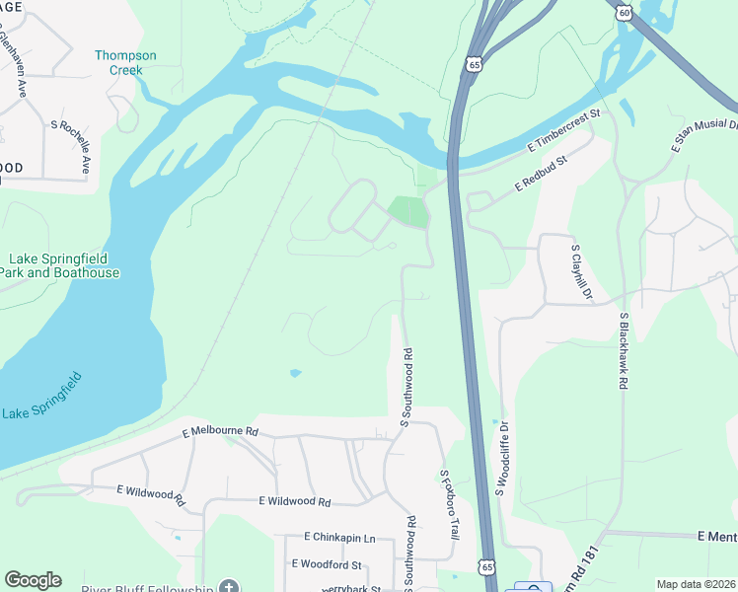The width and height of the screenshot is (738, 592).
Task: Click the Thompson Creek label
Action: (x=118, y=63)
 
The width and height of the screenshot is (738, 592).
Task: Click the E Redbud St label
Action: (x=542, y=174)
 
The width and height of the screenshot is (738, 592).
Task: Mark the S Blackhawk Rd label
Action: (x=624, y=352)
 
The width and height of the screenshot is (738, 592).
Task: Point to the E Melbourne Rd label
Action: (x=220, y=432)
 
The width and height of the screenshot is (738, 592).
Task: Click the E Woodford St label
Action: (x=327, y=564)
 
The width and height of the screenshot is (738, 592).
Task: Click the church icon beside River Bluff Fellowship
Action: (x=229, y=587)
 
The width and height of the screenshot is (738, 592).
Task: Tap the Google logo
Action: (x=33, y=580)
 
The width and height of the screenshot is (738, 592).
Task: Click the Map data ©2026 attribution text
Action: (x=695, y=584)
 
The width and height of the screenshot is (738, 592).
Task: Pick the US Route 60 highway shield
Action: (x=621, y=11)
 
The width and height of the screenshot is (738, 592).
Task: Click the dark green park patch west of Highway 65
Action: (x=408, y=209)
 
